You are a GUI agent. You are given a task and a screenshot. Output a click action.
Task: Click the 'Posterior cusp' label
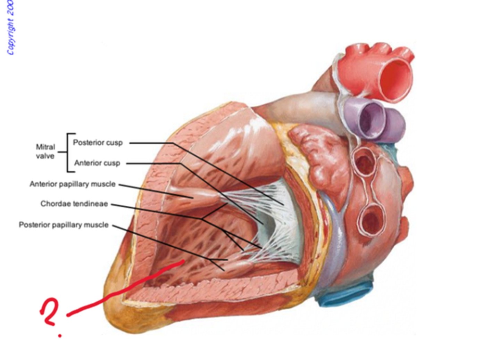tap(98, 142)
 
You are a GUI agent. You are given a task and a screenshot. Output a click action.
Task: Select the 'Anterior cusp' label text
tap(97, 163)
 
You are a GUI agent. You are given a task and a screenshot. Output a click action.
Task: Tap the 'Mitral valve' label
tap(45, 152)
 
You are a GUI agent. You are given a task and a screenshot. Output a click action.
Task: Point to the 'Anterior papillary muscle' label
tap(72, 184)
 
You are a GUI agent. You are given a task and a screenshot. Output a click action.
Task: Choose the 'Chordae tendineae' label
tap(74, 204)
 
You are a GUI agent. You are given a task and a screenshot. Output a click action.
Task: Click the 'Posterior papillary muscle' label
tap(64, 225)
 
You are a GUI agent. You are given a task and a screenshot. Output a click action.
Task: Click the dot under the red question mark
tap(60, 336)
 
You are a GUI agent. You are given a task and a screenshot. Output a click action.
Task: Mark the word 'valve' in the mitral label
tap(45, 156)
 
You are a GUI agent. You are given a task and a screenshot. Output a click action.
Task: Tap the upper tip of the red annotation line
tap(182, 262)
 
